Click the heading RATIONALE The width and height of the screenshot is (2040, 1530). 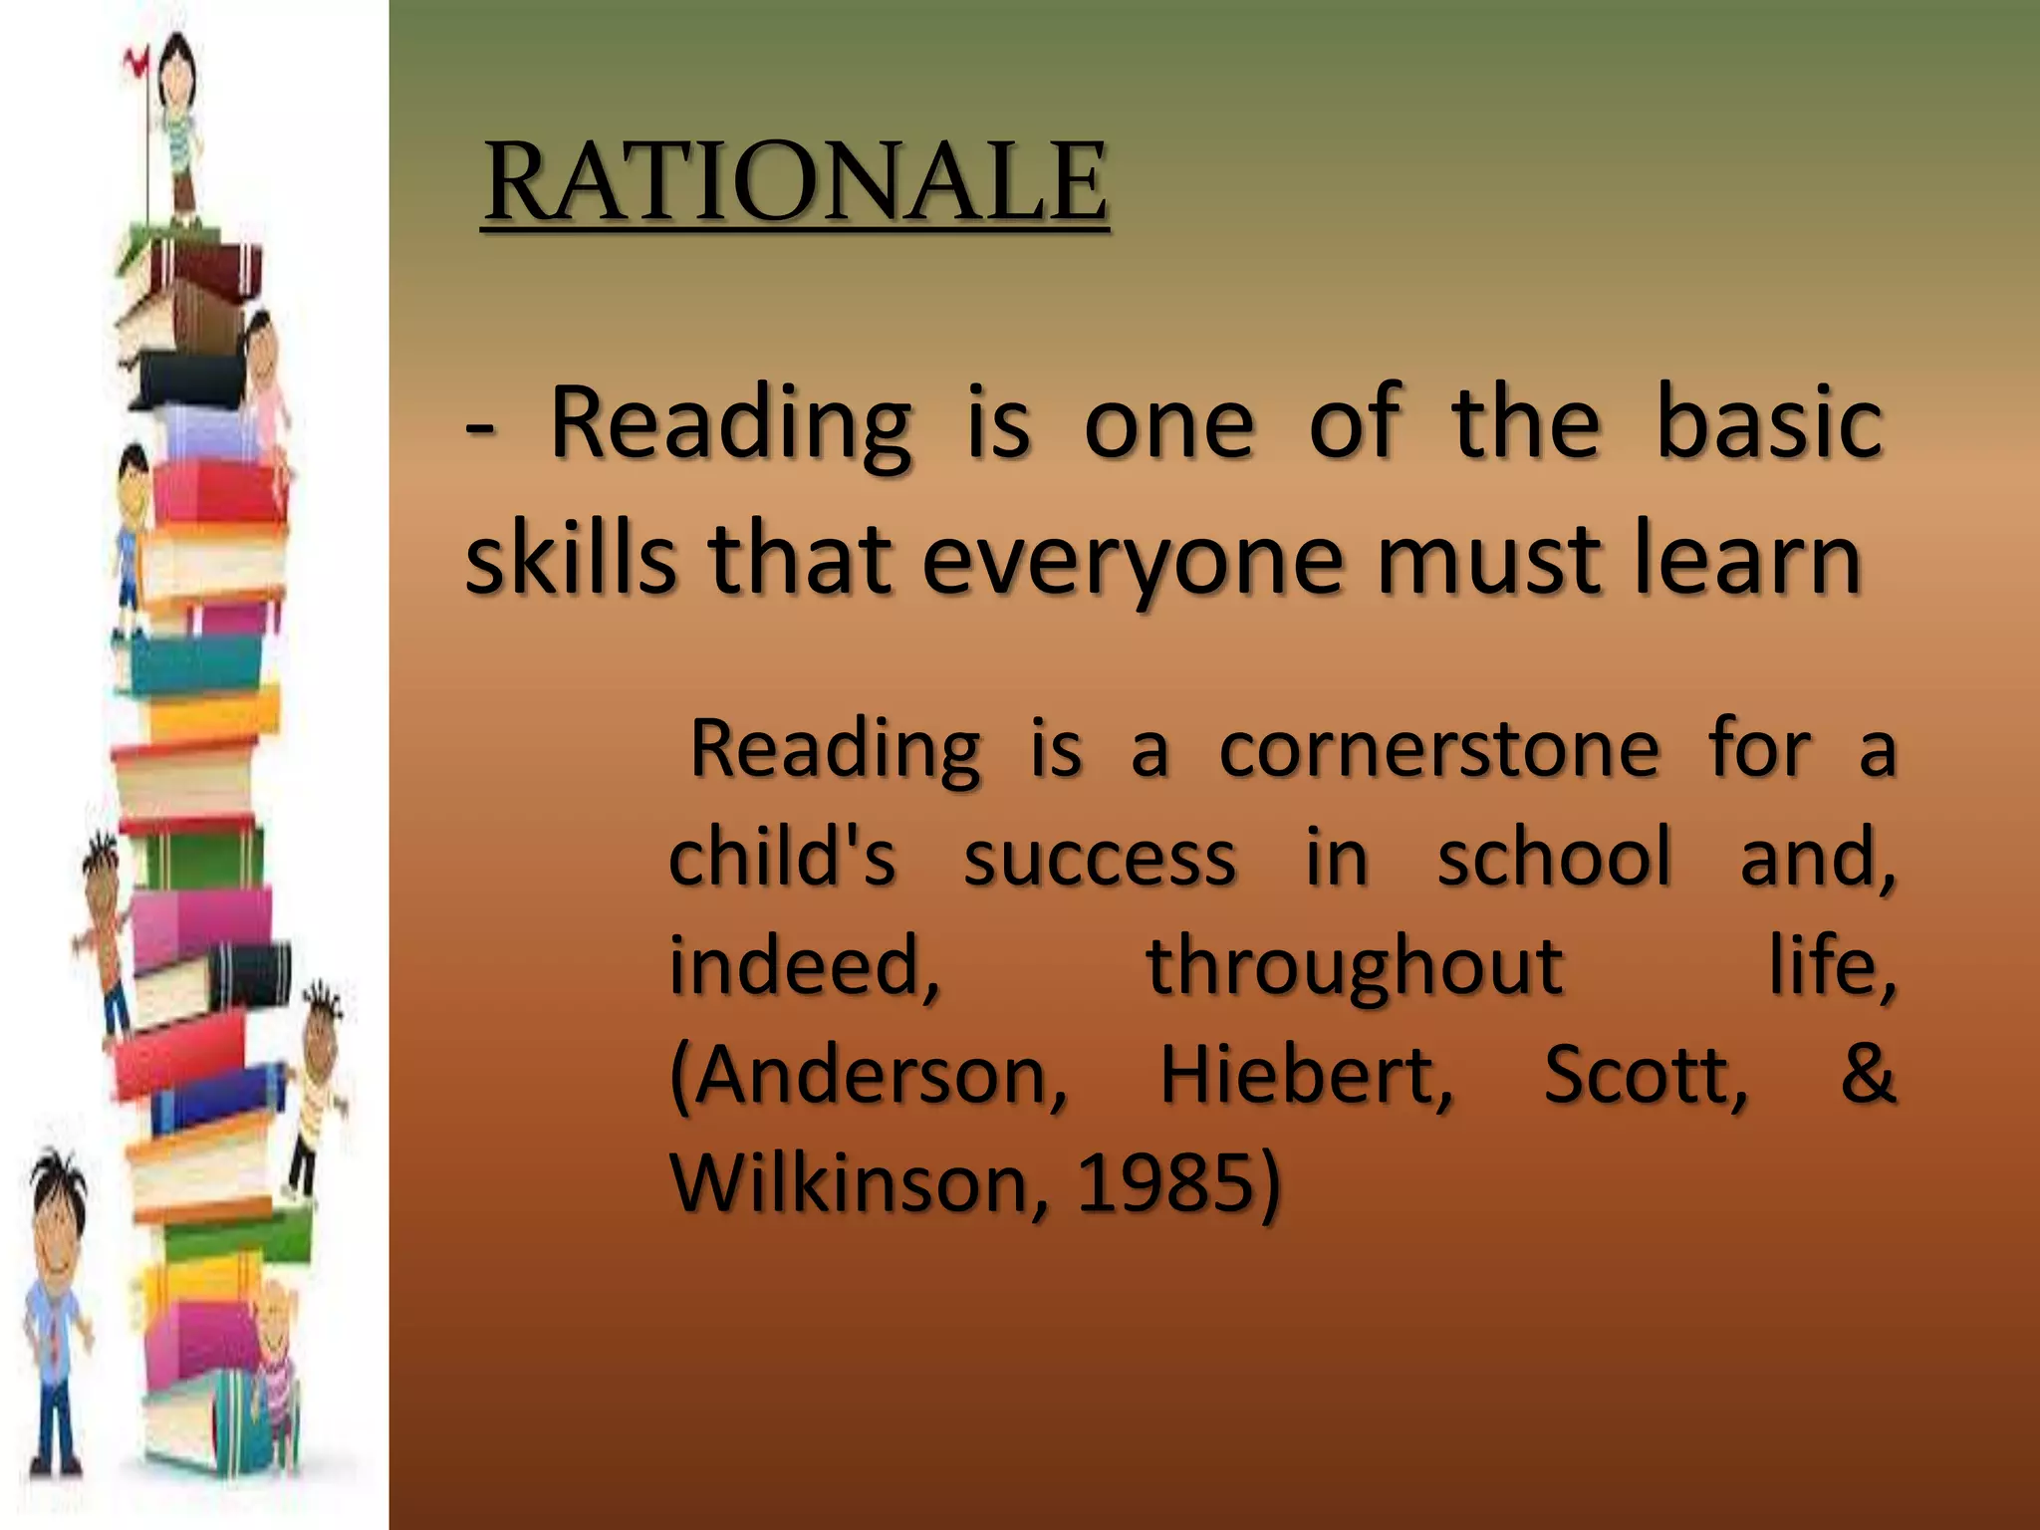794,182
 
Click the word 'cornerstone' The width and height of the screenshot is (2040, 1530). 1439,748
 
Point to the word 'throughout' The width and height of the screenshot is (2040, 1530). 1355,965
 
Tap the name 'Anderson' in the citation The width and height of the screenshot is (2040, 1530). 865,1075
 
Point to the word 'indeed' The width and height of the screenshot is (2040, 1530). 800,965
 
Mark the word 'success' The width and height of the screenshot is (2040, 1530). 1100,857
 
